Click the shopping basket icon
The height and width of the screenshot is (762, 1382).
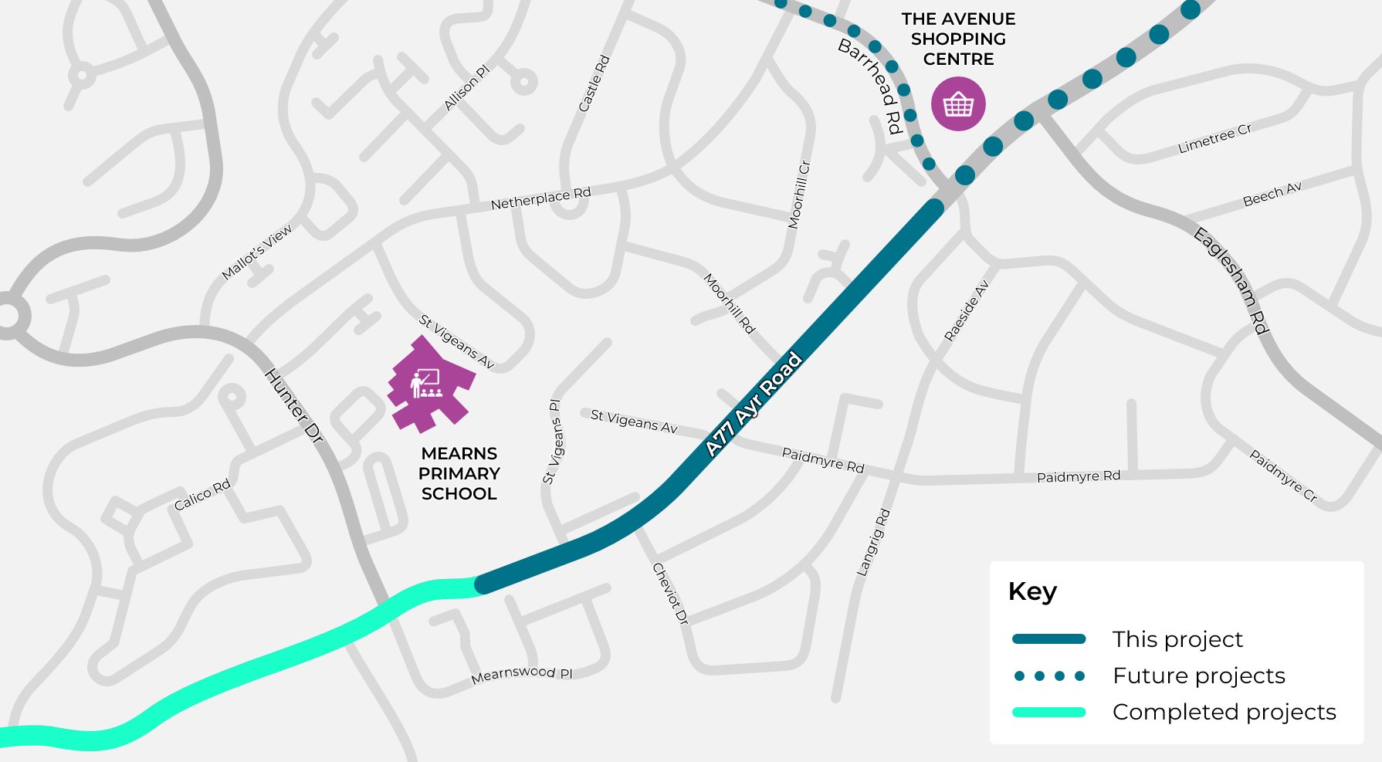958,103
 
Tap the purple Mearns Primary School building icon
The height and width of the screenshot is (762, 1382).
430,384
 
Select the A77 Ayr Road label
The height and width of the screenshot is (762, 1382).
754,405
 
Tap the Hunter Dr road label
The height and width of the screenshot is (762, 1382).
293,406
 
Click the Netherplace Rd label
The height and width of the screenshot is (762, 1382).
540,198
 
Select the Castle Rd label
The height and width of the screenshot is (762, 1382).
594,83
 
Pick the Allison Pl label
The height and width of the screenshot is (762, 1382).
466,88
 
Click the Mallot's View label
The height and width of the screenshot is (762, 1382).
257,252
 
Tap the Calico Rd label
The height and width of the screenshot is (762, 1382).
202,495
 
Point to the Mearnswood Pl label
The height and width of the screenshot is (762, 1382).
522,674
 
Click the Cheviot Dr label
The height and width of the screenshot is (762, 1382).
669,593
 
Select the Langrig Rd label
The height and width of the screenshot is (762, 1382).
873,542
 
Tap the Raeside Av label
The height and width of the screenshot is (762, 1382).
966,310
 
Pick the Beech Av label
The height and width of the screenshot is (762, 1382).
1272,194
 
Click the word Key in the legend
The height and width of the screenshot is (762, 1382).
1032,591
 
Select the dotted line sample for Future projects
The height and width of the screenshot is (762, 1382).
1049,676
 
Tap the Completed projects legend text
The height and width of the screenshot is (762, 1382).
1224,712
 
